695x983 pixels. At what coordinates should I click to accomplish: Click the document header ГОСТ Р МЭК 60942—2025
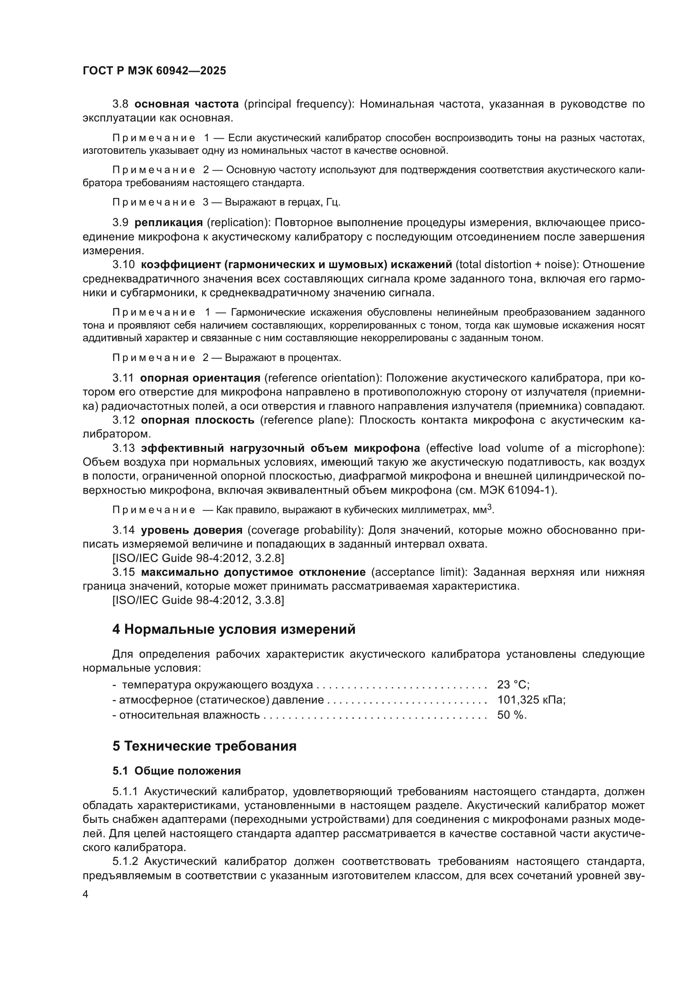point(154,71)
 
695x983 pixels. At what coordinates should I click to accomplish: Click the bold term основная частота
point(187,104)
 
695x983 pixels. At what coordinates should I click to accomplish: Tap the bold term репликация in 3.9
point(168,223)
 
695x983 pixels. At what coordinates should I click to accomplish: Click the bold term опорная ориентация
point(200,378)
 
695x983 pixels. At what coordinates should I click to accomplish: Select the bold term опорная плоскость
point(197,420)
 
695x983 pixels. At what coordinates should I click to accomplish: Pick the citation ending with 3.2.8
point(198,558)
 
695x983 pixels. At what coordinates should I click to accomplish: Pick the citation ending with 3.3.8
point(198,600)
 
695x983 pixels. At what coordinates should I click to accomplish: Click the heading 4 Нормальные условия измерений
point(234,630)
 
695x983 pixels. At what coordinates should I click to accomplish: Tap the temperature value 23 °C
point(513,685)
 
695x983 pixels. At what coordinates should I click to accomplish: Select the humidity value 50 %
point(511,715)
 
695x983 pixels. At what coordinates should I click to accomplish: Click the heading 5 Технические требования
point(205,746)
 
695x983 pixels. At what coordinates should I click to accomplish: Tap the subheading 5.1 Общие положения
point(176,771)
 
